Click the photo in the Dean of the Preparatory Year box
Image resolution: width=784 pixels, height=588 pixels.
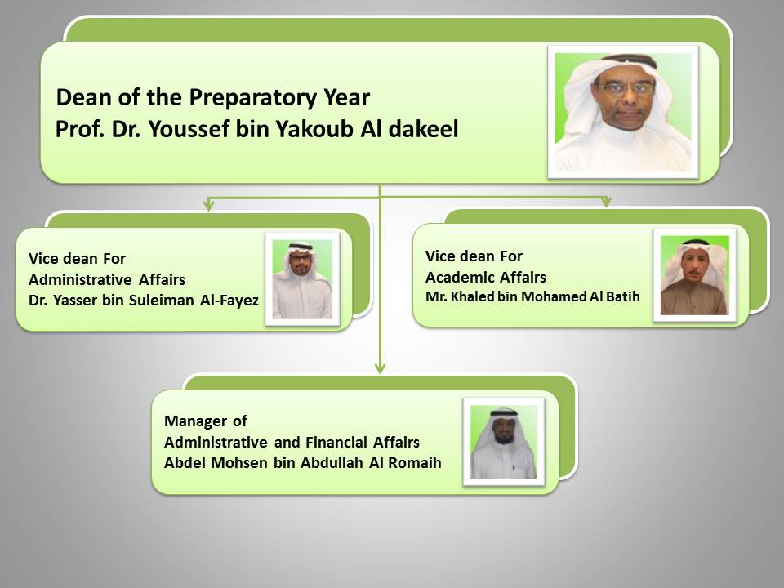pyautogui.click(x=623, y=112)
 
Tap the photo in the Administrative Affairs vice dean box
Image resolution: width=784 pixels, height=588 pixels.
pyautogui.click(x=302, y=279)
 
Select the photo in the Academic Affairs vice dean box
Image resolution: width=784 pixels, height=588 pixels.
pyautogui.click(x=695, y=275)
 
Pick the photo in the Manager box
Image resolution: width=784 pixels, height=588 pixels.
pyautogui.click(x=504, y=442)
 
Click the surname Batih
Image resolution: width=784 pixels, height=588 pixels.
pyautogui.click(x=623, y=296)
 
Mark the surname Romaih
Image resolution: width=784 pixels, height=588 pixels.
pyautogui.click(x=415, y=462)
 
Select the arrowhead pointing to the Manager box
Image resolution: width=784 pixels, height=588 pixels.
pyautogui.click(x=380, y=368)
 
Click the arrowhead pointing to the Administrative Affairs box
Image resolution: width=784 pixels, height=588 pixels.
pyautogui.click(x=209, y=204)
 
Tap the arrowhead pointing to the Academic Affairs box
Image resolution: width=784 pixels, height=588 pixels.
pyautogui.click(x=607, y=201)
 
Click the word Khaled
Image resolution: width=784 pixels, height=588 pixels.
pyautogui.click(x=470, y=296)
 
